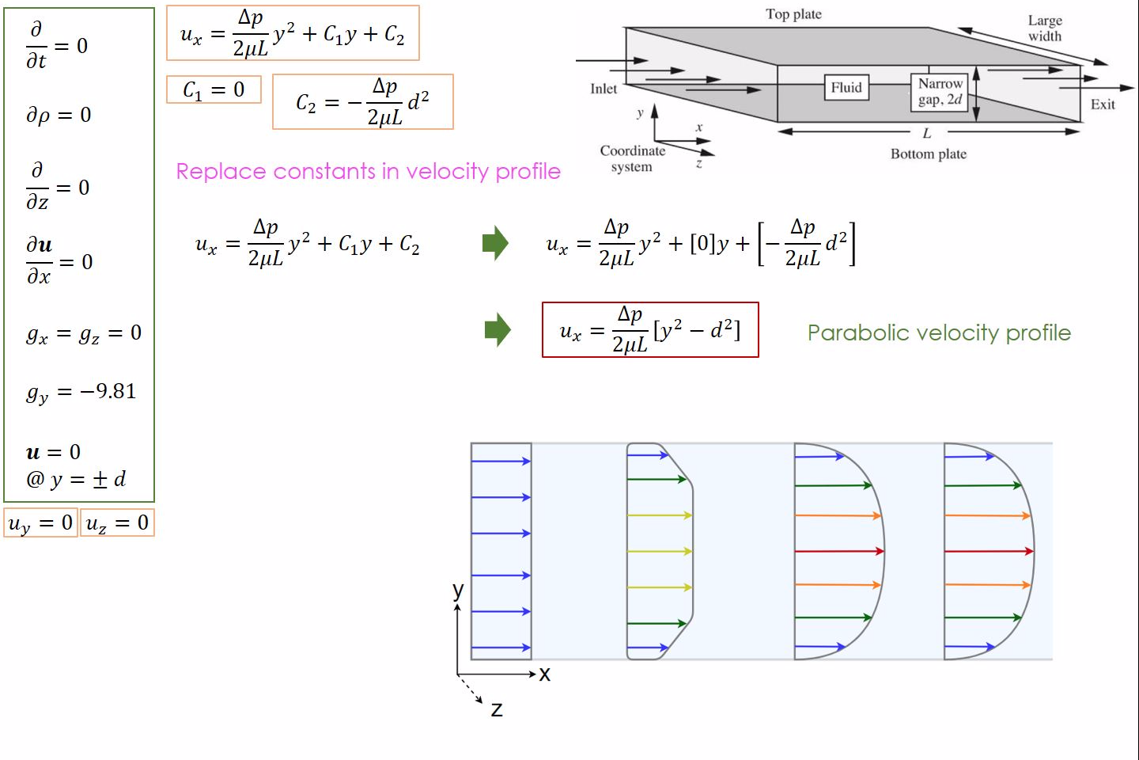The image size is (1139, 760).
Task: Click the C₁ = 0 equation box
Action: point(214,89)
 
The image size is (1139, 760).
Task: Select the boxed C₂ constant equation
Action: point(362,102)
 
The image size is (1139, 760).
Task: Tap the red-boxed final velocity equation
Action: point(650,330)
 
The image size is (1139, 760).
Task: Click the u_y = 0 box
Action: point(40,522)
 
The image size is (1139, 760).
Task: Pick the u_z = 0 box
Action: point(117,522)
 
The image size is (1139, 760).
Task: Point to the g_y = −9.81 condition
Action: point(81,393)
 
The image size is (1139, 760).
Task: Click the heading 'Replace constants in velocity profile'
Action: point(368,172)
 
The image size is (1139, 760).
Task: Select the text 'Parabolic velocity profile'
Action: point(939,333)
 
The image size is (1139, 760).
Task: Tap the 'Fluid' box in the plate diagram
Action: point(846,88)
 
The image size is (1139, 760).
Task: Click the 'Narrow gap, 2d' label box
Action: point(940,92)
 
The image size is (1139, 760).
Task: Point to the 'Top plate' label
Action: point(794,14)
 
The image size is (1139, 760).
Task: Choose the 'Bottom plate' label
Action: point(929,154)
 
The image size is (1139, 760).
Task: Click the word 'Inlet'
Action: point(604,89)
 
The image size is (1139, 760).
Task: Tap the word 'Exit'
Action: point(1103,104)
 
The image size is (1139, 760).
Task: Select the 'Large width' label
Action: point(1045,28)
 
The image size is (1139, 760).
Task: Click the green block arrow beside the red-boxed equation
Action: point(498,330)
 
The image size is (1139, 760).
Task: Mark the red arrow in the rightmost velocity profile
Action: point(989,551)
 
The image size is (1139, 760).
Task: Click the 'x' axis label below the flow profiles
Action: point(544,674)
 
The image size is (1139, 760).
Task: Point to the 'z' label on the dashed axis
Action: point(497,709)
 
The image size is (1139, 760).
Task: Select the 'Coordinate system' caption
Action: point(632,159)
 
